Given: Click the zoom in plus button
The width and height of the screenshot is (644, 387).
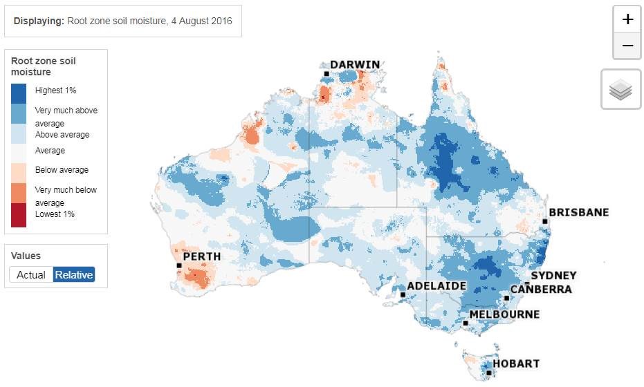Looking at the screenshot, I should click(627, 19).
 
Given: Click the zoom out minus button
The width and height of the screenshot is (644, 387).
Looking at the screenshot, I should click(627, 46).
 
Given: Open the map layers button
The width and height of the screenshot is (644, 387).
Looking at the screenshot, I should click(620, 89).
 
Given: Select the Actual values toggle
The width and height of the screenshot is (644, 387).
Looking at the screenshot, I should click(31, 274).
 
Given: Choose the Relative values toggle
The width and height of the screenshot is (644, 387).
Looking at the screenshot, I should click(74, 274).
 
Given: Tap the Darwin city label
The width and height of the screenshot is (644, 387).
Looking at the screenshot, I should click(355, 65).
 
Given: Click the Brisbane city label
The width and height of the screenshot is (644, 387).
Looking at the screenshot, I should click(578, 212).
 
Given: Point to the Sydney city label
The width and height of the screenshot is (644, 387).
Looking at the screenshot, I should click(553, 276).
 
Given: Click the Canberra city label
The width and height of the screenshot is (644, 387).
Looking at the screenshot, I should click(541, 289).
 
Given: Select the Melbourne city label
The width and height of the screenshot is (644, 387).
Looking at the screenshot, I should click(504, 314).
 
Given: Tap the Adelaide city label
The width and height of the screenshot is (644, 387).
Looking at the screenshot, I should click(436, 285).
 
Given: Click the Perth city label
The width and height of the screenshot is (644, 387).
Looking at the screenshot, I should click(202, 256).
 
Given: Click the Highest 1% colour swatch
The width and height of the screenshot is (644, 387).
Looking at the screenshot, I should click(19, 93).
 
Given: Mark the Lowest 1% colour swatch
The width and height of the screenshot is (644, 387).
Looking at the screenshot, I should click(19, 215).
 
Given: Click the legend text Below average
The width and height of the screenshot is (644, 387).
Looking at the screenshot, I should click(62, 170).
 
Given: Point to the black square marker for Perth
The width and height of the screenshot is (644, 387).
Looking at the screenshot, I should click(179, 265).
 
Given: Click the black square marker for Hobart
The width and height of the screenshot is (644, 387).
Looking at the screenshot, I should click(488, 373).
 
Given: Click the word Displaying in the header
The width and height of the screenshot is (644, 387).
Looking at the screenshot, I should click(39, 21).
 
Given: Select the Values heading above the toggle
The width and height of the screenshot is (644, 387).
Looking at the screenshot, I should click(26, 256).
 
